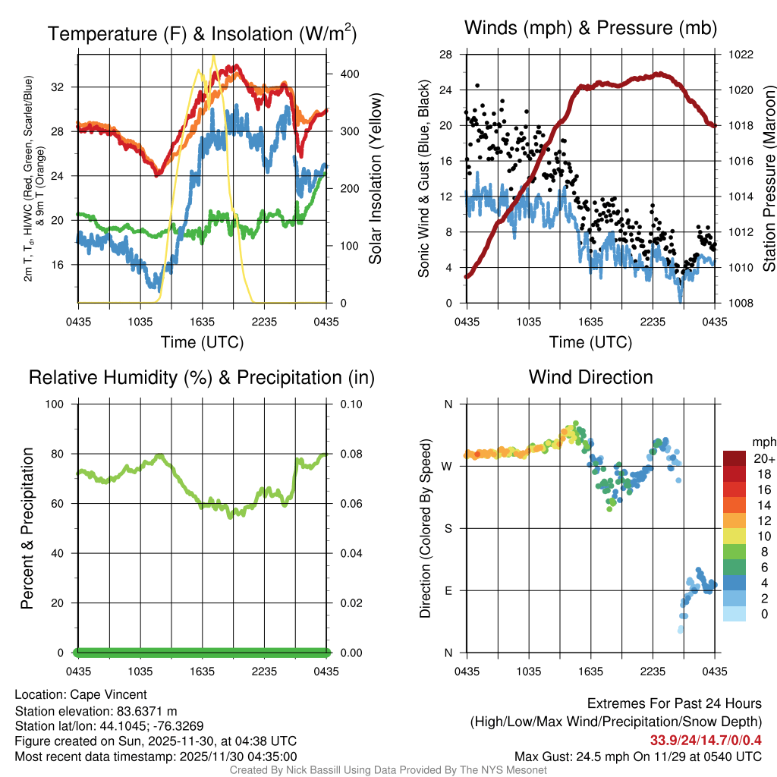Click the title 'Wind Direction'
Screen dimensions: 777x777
[x=590, y=377]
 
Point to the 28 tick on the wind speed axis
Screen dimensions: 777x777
[x=446, y=55]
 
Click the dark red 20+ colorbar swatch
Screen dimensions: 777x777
[x=735, y=458]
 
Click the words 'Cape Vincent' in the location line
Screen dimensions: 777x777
[x=109, y=694]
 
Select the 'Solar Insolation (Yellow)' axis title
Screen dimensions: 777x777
[x=375, y=179]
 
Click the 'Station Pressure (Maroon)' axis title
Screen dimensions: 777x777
[x=768, y=179]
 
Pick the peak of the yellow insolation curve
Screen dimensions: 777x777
[x=213, y=56]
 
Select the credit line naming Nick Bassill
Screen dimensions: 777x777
[x=388, y=770]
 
